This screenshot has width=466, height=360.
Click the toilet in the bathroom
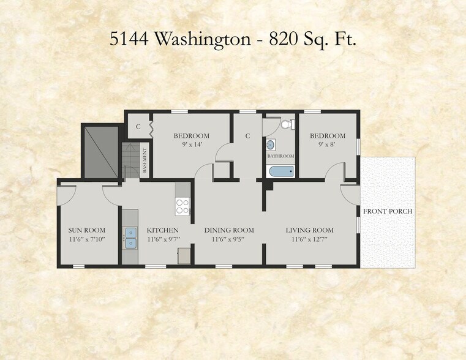coord(286,124)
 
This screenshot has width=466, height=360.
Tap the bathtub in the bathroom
coord(282,170)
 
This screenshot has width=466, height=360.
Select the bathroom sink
coord(271,146)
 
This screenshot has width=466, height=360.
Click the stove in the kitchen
coord(182,206)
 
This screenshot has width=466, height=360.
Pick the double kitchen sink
coord(129,238)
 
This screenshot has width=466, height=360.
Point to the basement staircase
coord(131,161)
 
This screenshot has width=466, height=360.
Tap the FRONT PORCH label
coord(388,211)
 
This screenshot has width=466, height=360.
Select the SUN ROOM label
coord(87,230)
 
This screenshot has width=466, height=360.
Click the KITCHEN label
coord(162,230)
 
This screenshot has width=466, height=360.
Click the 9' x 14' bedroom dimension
coord(191,144)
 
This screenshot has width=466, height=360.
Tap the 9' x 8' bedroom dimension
coord(327,144)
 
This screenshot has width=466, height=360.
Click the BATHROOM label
coord(280,156)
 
